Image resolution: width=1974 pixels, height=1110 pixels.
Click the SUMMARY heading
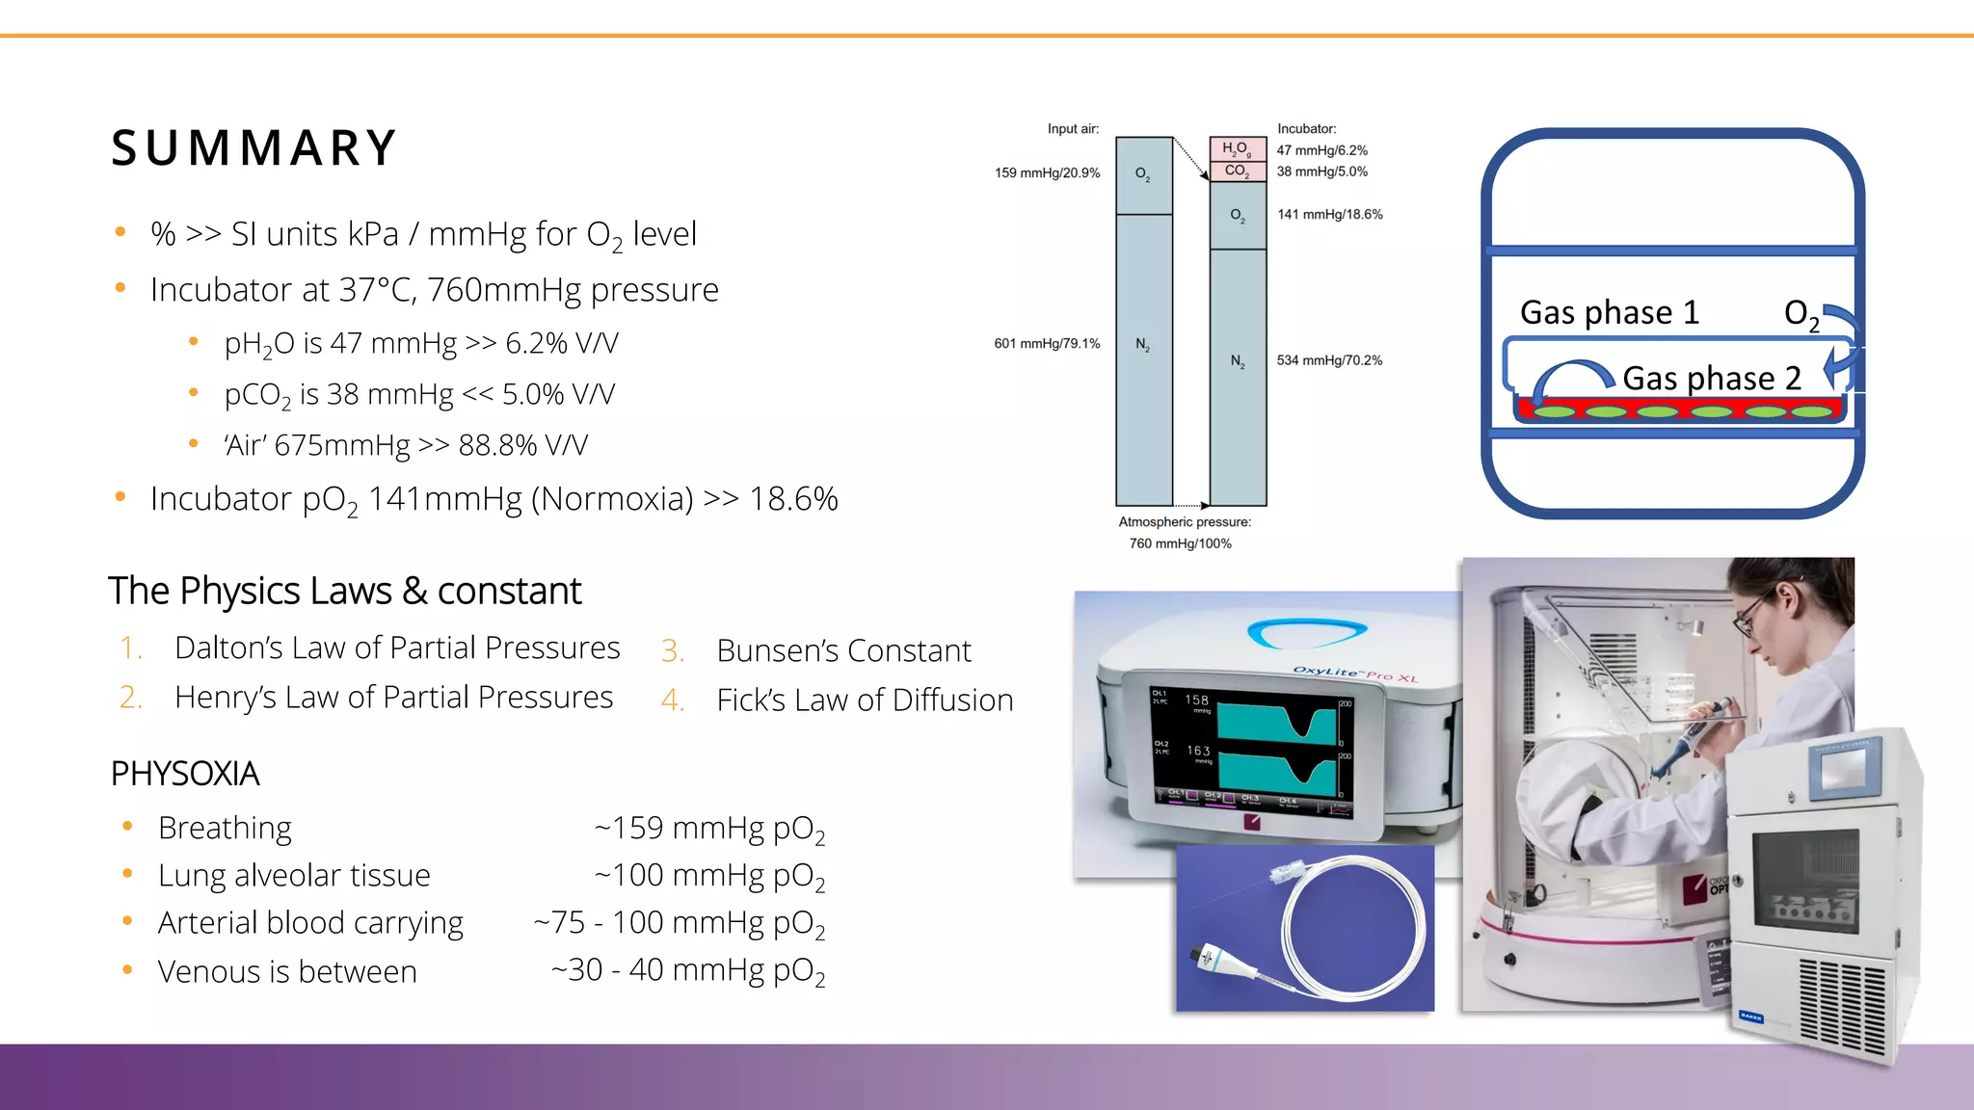point(253,148)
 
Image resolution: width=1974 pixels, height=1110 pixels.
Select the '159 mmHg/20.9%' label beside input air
point(1047,173)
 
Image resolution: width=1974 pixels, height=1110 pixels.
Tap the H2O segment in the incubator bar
point(1237,148)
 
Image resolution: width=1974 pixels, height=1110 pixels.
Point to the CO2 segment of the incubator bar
point(1237,171)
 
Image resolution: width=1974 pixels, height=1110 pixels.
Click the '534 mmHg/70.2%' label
point(1329,360)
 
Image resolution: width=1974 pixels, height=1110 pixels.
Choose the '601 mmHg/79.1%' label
point(1047,344)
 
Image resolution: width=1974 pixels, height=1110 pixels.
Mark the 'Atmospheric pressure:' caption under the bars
point(1185,522)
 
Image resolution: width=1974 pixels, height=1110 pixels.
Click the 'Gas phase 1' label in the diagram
point(1609,312)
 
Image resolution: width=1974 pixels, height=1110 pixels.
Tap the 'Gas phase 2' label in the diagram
point(1711,378)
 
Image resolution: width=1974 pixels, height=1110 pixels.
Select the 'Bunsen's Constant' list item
point(843,650)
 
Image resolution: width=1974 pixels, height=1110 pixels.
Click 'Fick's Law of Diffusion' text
point(865,700)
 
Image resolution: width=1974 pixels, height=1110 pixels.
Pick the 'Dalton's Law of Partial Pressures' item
point(397,647)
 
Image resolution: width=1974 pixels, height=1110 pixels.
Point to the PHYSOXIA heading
point(185,774)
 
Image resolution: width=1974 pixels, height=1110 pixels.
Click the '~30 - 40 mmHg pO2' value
point(688,970)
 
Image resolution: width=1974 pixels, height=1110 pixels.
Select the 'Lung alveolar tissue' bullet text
point(294,875)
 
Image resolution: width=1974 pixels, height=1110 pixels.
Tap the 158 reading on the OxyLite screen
point(1196,700)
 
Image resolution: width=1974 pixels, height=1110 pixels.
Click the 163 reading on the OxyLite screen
point(1198,751)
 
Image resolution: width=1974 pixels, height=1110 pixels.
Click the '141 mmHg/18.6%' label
point(1330,215)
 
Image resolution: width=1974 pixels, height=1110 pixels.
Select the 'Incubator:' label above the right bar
point(1306,129)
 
